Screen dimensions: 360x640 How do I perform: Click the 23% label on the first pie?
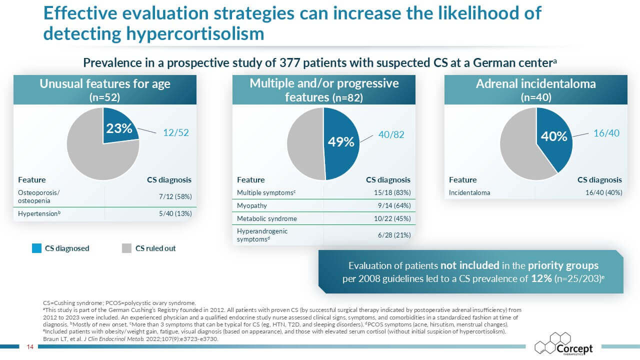click(118, 128)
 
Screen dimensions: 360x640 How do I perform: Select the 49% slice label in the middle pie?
click(341, 142)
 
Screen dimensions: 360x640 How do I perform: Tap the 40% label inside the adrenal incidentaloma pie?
click(554, 136)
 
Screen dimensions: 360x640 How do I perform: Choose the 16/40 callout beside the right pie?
click(606, 133)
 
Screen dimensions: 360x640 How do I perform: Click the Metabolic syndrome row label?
click(266, 218)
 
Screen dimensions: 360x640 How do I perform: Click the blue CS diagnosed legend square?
click(36, 248)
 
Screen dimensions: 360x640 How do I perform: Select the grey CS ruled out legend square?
click(126, 248)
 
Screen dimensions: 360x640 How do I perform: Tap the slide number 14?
click(29, 346)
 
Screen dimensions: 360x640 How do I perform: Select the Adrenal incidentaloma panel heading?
click(535, 84)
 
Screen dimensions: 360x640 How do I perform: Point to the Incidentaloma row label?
click(469, 192)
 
